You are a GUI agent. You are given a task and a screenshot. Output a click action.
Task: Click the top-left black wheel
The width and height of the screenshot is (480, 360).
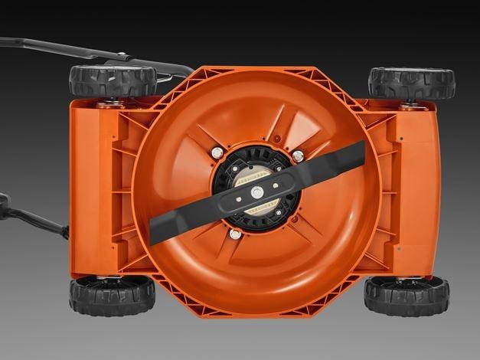point(103,81)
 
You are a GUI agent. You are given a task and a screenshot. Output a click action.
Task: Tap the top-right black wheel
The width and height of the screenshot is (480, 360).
point(411,83)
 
